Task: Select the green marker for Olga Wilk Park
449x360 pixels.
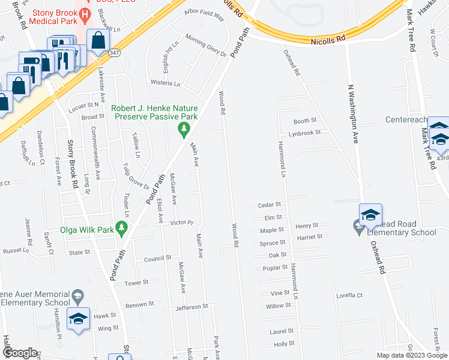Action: tap(122, 228)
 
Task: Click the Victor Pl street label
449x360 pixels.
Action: tap(181, 223)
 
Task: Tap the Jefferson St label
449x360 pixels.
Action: tap(191, 307)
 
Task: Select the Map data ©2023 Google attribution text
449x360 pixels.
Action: tap(411, 355)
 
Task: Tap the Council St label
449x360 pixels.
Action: tap(158, 259)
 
